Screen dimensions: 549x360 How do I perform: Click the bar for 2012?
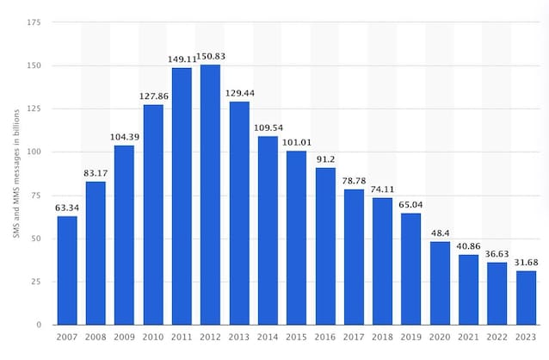[x=211, y=195]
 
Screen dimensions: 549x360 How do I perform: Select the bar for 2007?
[x=67, y=270]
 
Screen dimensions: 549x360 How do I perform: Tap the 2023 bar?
[x=526, y=298]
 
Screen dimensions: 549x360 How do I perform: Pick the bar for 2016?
[x=325, y=246]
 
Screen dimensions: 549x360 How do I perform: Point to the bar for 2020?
[x=440, y=283]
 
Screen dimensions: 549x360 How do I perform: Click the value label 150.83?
[x=211, y=57]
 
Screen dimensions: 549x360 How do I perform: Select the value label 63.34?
[x=67, y=208]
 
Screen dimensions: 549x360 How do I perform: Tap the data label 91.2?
[x=325, y=159]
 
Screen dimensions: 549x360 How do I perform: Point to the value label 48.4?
[x=440, y=233]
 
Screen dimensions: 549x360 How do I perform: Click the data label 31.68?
[x=526, y=263]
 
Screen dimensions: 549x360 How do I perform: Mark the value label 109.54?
[x=268, y=128]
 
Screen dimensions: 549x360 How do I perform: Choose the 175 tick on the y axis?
[x=34, y=22]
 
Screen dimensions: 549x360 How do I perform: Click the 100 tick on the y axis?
[x=34, y=152]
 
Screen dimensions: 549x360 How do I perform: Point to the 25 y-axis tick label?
[x=36, y=282]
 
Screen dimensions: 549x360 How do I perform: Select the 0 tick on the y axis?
[x=39, y=325]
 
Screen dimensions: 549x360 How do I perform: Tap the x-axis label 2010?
[x=153, y=338]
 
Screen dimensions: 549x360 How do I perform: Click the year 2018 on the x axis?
[x=382, y=338]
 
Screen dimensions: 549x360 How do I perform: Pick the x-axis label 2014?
[x=268, y=338]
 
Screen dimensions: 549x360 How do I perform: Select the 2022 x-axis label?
[x=497, y=338]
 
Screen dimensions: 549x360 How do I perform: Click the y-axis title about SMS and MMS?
[x=16, y=174]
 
